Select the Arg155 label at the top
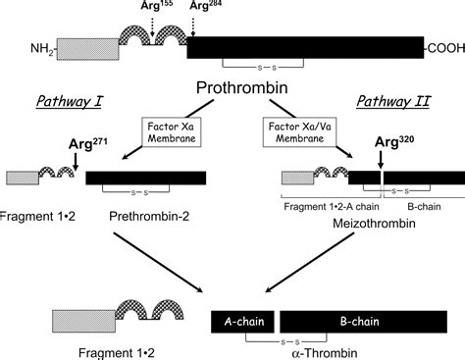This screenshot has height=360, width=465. (x=139, y=8)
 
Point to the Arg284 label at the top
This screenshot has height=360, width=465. (x=186, y=8)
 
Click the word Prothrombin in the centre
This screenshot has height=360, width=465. (x=232, y=89)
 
